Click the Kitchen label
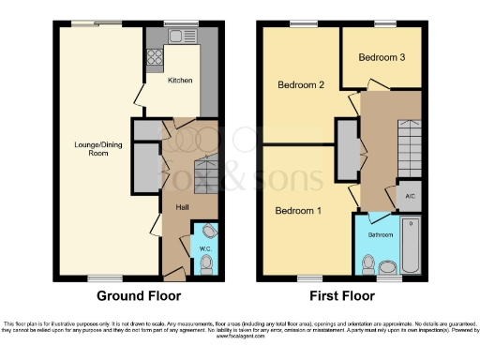(180, 81)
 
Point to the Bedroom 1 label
(298, 211)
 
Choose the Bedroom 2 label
(301, 85)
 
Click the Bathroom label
(380, 234)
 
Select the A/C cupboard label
(410, 196)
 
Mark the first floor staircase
(410, 150)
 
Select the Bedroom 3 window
(382, 23)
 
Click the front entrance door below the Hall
(172, 275)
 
